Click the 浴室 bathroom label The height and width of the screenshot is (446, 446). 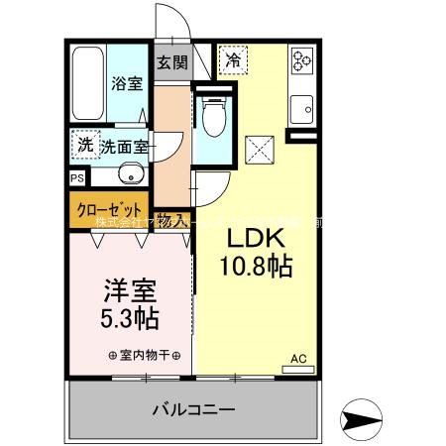pyautogui.click(x=126, y=83)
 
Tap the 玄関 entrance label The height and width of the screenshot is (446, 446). pyautogui.click(x=171, y=62)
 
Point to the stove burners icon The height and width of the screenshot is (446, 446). pyautogui.click(x=299, y=62)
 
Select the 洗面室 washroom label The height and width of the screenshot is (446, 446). pyautogui.click(x=124, y=147)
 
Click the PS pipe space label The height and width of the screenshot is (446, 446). pyautogui.click(x=76, y=179)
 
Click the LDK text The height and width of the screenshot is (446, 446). pyautogui.click(x=258, y=240)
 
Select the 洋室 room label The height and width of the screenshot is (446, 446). pyautogui.click(x=132, y=293)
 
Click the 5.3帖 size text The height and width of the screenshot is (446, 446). pyautogui.click(x=132, y=320)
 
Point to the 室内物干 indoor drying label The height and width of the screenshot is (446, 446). pyautogui.click(x=144, y=355)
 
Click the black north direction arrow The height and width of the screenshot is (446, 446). pyautogui.click(x=360, y=416)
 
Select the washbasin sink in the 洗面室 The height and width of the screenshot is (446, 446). pyautogui.click(x=128, y=176)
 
